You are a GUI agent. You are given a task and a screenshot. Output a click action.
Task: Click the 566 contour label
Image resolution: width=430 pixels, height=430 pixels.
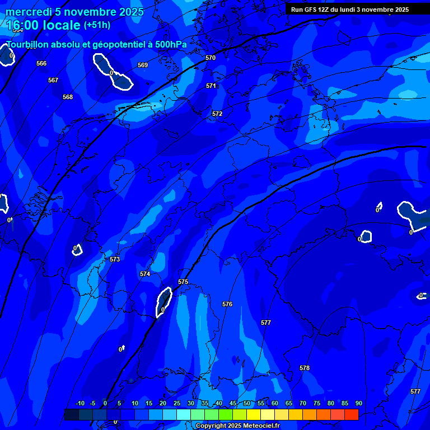[x=41, y=63]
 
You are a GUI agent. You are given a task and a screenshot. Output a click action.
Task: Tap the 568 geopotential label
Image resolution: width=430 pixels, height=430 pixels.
[x=68, y=97]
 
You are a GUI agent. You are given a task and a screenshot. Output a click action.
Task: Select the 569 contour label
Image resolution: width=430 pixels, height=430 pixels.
[x=143, y=65]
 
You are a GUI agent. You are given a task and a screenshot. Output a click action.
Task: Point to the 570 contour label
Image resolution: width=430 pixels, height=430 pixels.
[x=211, y=58]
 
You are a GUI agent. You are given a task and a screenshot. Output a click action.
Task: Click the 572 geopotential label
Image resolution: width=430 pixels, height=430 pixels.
[x=217, y=114]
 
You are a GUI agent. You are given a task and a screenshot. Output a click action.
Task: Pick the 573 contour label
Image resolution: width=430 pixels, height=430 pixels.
[x=115, y=259]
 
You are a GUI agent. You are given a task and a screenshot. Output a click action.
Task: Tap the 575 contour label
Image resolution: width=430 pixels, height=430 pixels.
[x=183, y=282]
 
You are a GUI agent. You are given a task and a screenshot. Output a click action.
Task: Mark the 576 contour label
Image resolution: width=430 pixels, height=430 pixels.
[x=227, y=304]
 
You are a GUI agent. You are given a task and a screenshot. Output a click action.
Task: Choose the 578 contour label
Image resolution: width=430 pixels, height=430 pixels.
[x=305, y=368]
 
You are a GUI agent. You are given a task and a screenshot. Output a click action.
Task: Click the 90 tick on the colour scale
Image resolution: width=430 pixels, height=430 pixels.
[x=358, y=403]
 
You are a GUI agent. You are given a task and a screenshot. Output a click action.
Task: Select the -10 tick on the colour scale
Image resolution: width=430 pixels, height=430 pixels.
[x=80, y=403]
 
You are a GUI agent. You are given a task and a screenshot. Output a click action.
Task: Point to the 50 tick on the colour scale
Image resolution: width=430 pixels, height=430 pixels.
[x=247, y=403]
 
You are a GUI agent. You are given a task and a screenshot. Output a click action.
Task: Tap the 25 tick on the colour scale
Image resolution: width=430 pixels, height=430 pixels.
[x=177, y=403]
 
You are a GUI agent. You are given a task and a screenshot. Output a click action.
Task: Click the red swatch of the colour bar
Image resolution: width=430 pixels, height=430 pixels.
[x=352, y=414]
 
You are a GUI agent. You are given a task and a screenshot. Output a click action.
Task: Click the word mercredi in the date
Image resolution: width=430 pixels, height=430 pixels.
[x=28, y=12]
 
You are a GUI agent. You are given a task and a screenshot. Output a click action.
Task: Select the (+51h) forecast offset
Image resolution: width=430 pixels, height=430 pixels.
[x=97, y=25]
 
